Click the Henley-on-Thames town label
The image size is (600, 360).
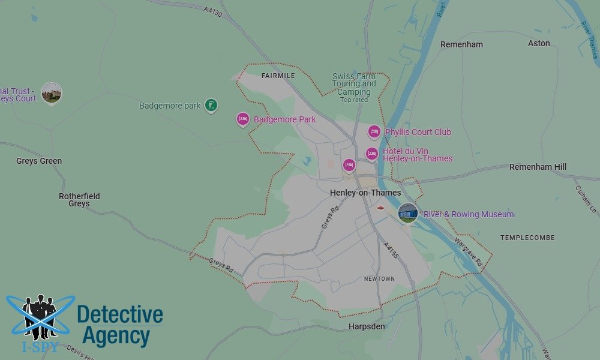[365, 193]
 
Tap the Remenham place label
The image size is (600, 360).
[461, 44]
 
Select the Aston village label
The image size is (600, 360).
[539, 43]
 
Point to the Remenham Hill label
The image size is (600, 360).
[538, 167]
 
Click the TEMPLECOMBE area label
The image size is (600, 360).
[528, 238]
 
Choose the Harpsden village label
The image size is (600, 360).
[367, 326]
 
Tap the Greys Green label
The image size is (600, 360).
[39, 161]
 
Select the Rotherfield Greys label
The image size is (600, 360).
[79, 200]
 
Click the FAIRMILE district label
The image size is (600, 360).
[278, 76]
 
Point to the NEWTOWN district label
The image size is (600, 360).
[379, 279]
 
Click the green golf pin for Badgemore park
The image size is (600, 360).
[211, 106]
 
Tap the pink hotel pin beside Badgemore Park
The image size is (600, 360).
[242, 119]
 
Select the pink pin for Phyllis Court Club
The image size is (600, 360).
[374, 131]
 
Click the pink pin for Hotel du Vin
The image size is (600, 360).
[372, 154]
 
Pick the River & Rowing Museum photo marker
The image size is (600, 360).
[408, 212]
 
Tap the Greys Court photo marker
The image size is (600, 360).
[52, 92]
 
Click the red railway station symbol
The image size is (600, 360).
[380, 208]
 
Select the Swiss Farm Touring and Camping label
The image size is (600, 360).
[354, 85]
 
